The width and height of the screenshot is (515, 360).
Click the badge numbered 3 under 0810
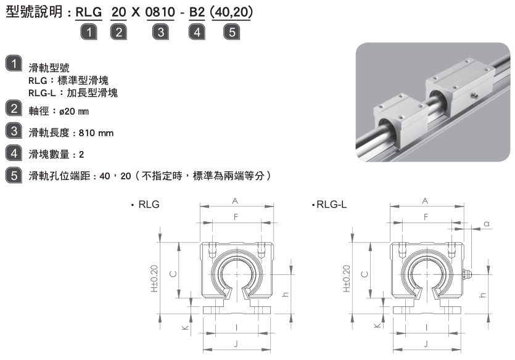[x=160, y=32]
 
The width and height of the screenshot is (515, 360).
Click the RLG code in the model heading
[x=89, y=12]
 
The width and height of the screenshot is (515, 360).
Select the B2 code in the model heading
[x=197, y=12]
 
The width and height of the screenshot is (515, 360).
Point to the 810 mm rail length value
[x=96, y=133]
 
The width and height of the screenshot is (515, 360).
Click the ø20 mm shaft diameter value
[x=74, y=112]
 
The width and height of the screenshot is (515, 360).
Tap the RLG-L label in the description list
[x=42, y=93]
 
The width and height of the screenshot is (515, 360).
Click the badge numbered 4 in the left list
[x=14, y=153]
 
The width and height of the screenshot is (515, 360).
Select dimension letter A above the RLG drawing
[x=235, y=201]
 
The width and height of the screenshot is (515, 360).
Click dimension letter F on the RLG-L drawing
[x=426, y=217]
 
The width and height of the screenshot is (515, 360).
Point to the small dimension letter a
[x=487, y=224]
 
